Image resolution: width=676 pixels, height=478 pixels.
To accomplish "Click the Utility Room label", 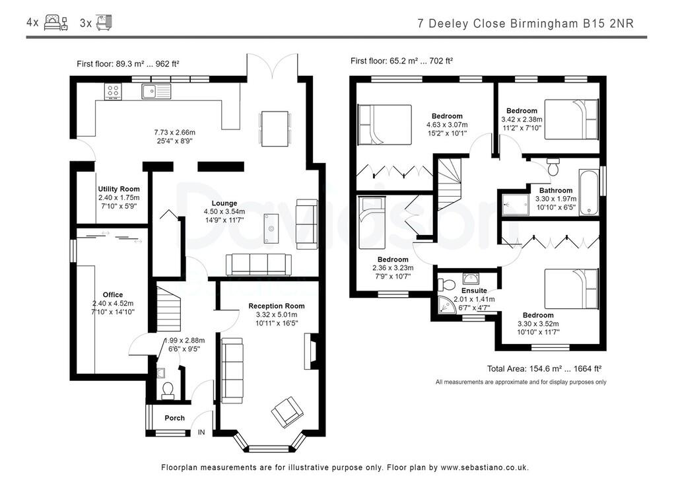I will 119,189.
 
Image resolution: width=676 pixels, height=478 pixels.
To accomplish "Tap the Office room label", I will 112,295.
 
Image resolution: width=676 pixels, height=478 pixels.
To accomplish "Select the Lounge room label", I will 224,203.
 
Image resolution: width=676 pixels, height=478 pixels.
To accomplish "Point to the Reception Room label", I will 277,306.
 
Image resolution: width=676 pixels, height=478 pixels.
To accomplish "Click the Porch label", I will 174,418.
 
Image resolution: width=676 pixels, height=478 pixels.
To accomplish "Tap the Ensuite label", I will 474,290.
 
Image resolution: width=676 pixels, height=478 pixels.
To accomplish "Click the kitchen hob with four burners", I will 113,91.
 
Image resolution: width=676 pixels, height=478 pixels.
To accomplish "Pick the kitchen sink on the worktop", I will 154,91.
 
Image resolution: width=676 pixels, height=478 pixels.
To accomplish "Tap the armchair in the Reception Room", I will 286,411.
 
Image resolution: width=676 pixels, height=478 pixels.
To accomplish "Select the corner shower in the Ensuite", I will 448,304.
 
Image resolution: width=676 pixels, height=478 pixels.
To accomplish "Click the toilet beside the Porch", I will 168,390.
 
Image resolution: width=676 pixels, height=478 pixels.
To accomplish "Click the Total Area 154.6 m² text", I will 543,369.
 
